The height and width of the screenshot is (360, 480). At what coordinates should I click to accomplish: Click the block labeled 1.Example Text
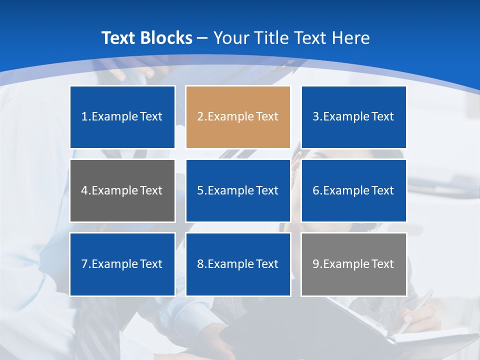click(x=122, y=117)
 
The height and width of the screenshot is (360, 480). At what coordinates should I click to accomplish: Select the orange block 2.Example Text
click(x=238, y=117)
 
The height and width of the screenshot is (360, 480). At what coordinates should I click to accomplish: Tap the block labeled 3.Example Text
click(x=353, y=117)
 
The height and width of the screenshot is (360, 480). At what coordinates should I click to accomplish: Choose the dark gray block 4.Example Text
click(x=122, y=190)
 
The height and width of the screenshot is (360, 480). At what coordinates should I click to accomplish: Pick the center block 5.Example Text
click(x=238, y=190)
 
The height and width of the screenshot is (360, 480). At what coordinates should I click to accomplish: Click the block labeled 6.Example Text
click(x=353, y=190)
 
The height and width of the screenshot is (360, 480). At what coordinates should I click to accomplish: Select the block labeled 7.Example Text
click(x=122, y=264)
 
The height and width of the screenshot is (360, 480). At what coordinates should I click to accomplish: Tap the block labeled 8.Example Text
click(x=238, y=264)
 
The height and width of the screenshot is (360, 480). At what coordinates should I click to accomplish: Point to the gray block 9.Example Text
click(x=353, y=264)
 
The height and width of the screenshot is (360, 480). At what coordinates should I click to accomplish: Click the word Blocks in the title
click(x=166, y=38)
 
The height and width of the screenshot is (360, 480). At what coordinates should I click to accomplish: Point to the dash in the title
click(x=202, y=38)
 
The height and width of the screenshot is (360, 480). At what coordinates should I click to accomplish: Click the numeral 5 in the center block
click(x=200, y=190)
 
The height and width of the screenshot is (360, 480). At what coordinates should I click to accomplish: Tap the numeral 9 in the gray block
click(x=315, y=264)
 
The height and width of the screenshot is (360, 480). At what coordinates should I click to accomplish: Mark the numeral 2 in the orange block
click(x=200, y=117)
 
